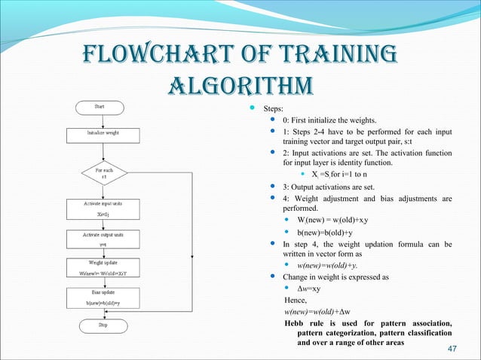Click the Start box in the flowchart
[x=99, y=107]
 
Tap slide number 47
[x=453, y=348]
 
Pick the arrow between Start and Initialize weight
[x=99, y=121]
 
